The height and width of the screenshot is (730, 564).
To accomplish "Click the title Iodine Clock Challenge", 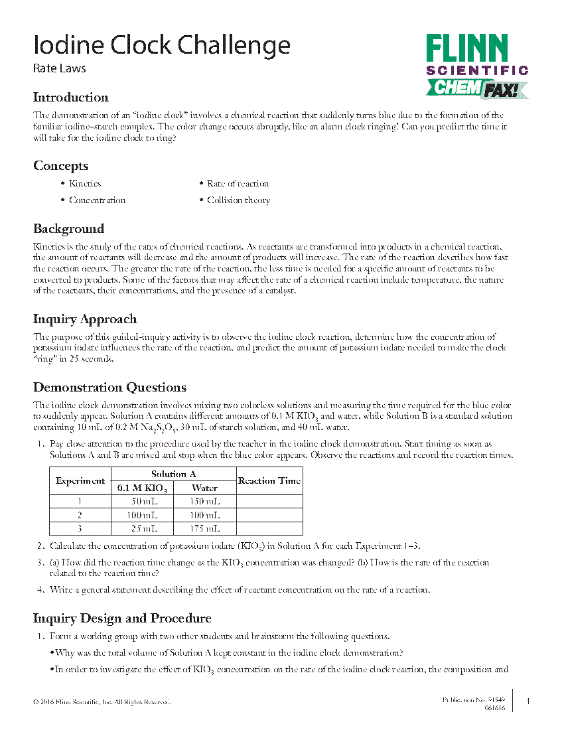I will [x=161, y=46].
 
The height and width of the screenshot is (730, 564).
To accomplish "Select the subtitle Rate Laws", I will [x=59, y=68].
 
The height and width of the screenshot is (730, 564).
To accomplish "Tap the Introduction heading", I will [x=70, y=98].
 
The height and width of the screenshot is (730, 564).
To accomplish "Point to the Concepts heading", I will [x=60, y=166].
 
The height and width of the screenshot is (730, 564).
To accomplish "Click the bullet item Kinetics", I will [x=85, y=184].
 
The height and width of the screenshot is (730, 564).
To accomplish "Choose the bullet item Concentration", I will [x=97, y=200].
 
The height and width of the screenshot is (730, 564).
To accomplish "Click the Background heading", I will [x=68, y=229].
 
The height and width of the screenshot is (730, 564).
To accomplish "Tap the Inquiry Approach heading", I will [x=85, y=319].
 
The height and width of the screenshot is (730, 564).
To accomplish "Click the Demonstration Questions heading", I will [x=109, y=388].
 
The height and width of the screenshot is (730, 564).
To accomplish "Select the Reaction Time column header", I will [x=269, y=480].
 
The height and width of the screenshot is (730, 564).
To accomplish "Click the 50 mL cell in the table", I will [x=141, y=502].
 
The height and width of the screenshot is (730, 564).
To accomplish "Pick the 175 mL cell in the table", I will [x=204, y=529].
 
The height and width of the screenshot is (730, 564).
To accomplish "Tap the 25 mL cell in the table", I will [x=141, y=529].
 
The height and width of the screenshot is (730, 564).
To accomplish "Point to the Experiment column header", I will [x=80, y=480].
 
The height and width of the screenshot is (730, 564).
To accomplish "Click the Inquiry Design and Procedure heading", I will [x=122, y=619].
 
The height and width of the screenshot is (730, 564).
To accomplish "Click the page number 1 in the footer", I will [x=528, y=701].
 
